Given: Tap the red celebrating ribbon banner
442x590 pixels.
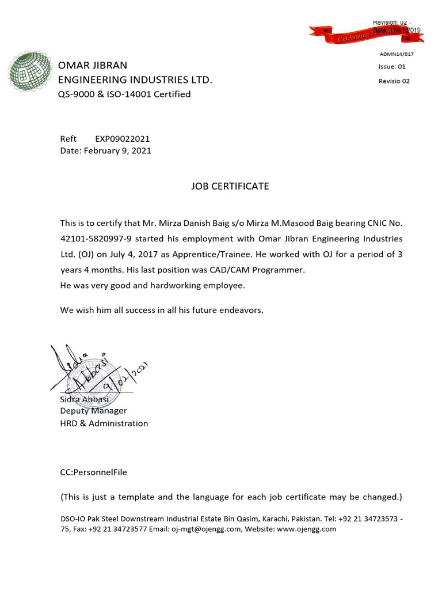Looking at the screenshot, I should [367, 34].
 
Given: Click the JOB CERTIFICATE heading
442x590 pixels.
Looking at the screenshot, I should [230, 186].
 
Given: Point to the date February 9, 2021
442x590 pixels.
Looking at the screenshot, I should [118, 150].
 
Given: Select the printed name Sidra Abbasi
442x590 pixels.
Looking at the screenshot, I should [85, 399].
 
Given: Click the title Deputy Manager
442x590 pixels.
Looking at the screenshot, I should [93, 411].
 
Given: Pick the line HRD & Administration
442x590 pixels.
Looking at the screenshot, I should [104, 423].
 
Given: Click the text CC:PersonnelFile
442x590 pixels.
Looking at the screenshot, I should [93, 472].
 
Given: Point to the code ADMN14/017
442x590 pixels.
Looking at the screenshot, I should [396, 54].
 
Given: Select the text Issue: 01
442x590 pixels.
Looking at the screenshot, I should [392, 67].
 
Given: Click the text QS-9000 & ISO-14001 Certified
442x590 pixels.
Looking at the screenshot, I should [124, 94].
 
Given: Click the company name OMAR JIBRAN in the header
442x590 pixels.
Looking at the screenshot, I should [93, 65].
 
